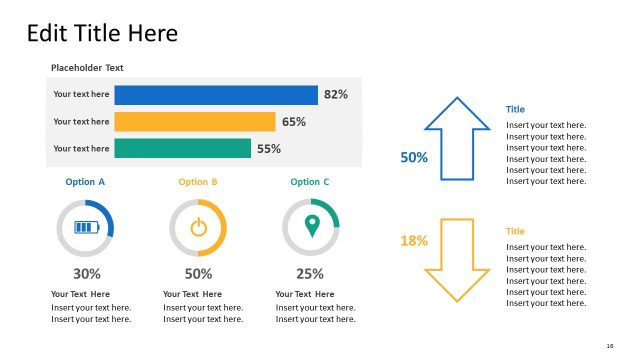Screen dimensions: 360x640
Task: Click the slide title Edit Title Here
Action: pyautogui.click(x=102, y=33)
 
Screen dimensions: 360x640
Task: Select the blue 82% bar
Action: pyautogui.click(x=215, y=95)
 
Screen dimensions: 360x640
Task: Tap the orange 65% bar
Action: pyautogui.click(x=194, y=122)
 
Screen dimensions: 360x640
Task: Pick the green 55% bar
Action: pyautogui.click(x=182, y=148)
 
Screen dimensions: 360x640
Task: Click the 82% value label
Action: pyautogui.click(x=335, y=95)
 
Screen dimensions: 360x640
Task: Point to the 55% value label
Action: pyautogui.click(x=269, y=149)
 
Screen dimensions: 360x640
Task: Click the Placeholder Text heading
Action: pyautogui.click(x=94, y=68)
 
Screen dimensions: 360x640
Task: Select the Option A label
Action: pyautogui.click(x=85, y=182)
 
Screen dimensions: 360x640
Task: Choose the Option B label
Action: pyautogui.click(x=198, y=182)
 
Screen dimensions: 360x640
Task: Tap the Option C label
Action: pyautogui.click(x=310, y=182)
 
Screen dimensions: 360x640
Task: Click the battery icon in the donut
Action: pyautogui.click(x=85, y=227)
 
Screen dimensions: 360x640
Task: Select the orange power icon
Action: pyautogui.click(x=198, y=227)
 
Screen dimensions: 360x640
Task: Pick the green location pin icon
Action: pyautogui.click(x=311, y=226)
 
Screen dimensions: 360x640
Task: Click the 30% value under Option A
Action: pyautogui.click(x=86, y=273)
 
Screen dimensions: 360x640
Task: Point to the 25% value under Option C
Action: pyautogui.click(x=310, y=273)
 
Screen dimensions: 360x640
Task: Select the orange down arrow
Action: pyautogui.click(x=457, y=260)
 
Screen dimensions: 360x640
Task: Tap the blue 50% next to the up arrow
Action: pyautogui.click(x=414, y=157)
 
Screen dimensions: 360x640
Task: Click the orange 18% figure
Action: pyautogui.click(x=414, y=241)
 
